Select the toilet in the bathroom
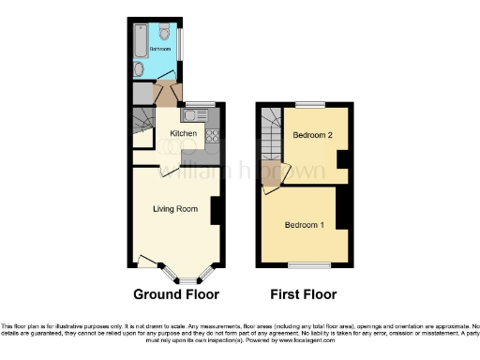click(164, 25)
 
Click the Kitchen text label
click(183, 135)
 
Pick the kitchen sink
click(194, 115)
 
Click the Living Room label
click(175, 208)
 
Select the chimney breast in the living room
click(216, 210)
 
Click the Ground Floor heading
click(176, 293)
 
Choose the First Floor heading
click(304, 293)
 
